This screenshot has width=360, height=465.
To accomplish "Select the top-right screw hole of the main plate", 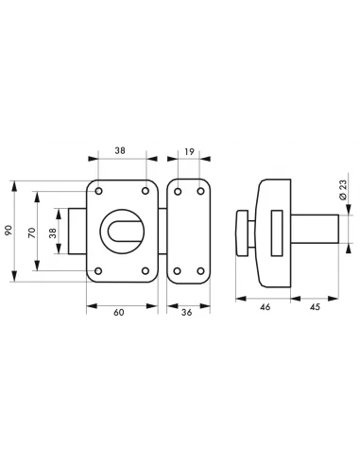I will coord(146,192).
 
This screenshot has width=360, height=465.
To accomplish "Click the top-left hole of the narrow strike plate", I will coord(177,191).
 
